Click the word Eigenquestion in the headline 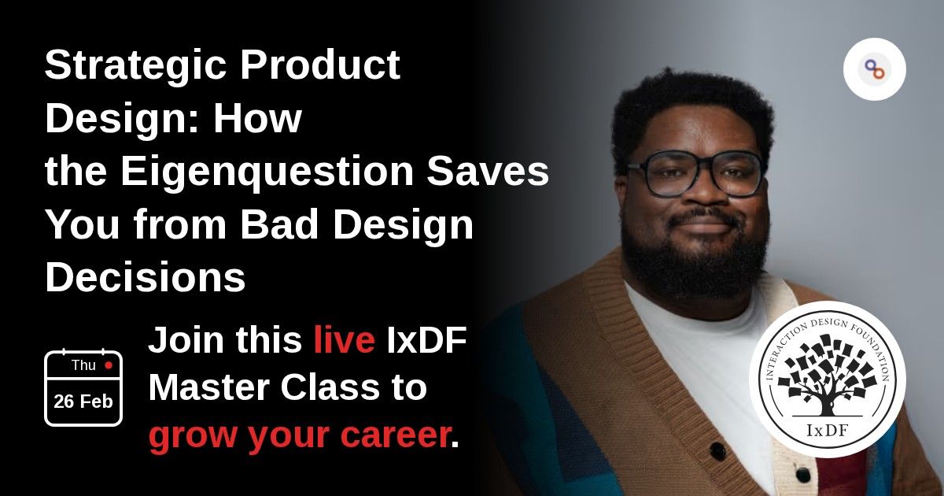[x=267, y=172]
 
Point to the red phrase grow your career [x=299, y=435]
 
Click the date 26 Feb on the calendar [x=83, y=402]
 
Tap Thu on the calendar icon [x=83, y=365]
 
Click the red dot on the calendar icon [x=109, y=365]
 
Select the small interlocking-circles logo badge [x=875, y=69]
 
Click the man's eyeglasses [x=695, y=174]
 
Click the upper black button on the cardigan [x=717, y=451]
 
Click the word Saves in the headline [x=488, y=172]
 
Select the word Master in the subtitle [x=209, y=387]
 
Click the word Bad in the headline [x=279, y=224]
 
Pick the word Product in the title [x=320, y=65]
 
